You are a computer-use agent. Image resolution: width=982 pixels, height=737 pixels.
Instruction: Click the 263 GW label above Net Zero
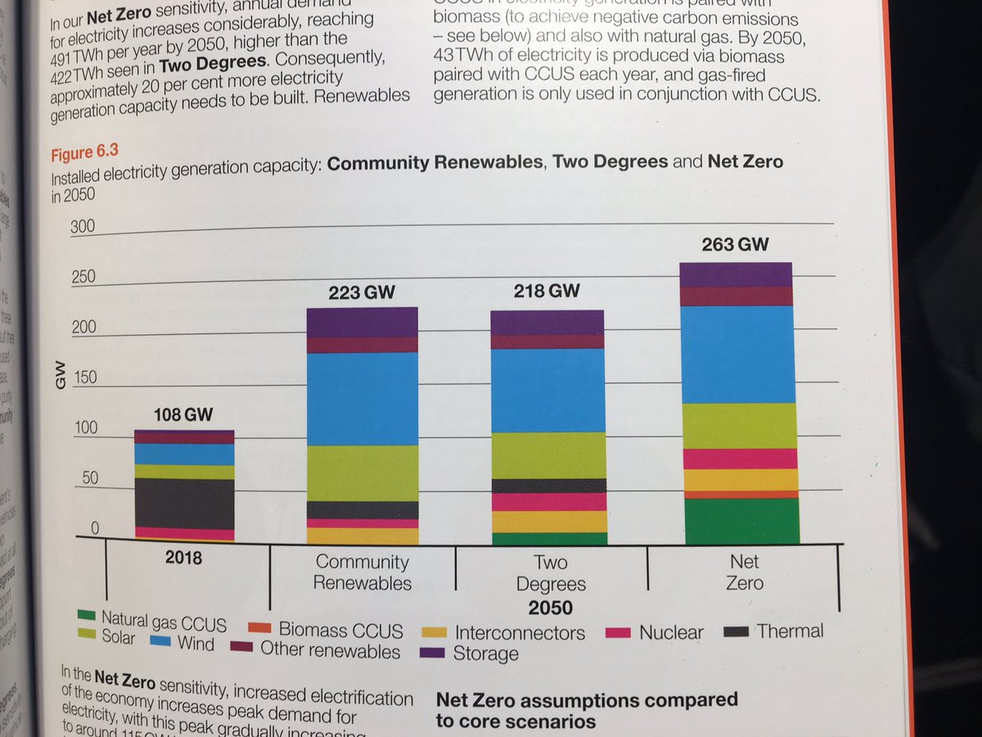pyautogui.click(x=735, y=245)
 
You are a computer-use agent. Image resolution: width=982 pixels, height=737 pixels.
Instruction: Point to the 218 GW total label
pyautogui.click(x=548, y=291)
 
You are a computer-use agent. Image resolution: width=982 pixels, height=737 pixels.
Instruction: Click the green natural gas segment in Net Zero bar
pyautogui.click(x=740, y=521)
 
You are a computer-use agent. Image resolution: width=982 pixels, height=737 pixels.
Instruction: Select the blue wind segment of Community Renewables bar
pyautogui.click(x=362, y=399)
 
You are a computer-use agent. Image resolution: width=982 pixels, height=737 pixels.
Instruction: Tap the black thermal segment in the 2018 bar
pyautogui.click(x=184, y=503)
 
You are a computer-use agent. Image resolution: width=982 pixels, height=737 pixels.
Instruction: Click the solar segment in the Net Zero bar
pyautogui.click(x=740, y=426)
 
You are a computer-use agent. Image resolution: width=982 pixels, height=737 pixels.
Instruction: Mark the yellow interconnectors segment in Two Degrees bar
pyautogui.click(x=549, y=522)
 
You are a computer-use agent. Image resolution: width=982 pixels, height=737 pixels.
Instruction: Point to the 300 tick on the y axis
pyautogui.click(x=82, y=227)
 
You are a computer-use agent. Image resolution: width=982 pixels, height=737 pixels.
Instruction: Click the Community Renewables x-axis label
pyautogui.click(x=362, y=572)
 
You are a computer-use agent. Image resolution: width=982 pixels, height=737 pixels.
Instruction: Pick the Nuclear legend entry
pyautogui.click(x=655, y=632)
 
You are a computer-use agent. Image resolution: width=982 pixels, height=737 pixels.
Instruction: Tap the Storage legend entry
pyautogui.click(x=472, y=653)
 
